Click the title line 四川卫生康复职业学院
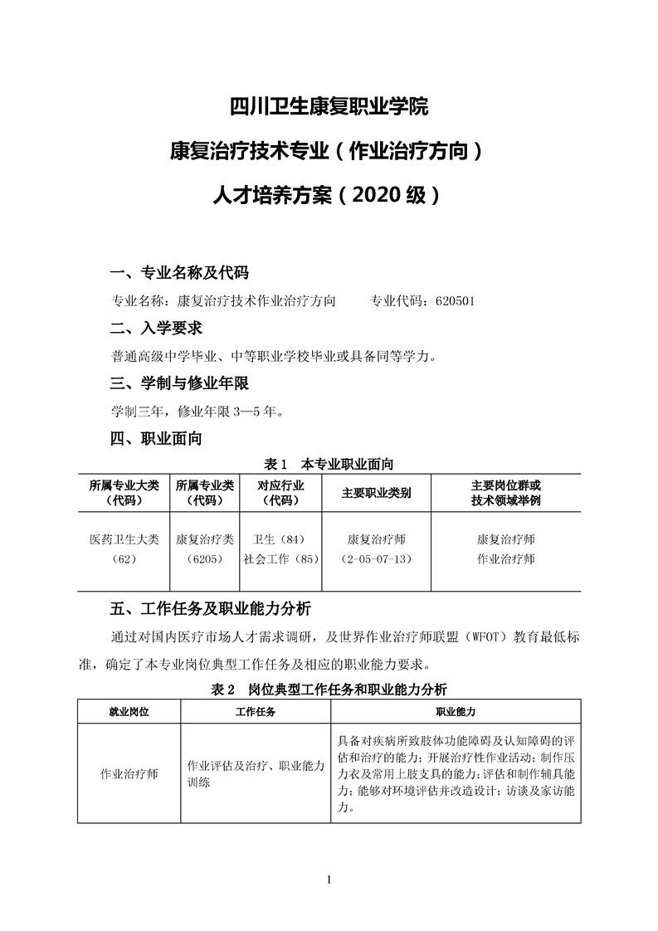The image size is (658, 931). coord(329,107)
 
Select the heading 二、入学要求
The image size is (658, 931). coord(156,329)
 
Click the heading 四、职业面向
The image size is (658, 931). coord(156,439)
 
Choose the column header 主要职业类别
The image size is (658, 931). coord(376,493)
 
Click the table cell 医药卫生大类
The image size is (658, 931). coord(124,539)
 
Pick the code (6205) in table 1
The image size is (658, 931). coord(204,559)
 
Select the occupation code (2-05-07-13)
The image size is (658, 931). coord(376,559)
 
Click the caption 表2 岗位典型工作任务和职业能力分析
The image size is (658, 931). coord(329,689)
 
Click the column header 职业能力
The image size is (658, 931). coord(455,712)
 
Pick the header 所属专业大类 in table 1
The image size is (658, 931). coord(124,485)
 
